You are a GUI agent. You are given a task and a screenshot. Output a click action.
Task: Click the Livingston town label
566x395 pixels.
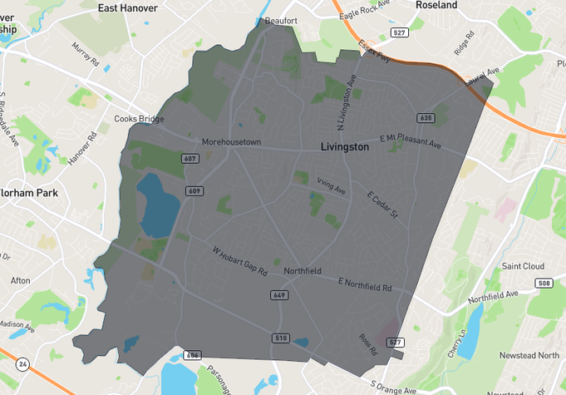(x=344, y=146)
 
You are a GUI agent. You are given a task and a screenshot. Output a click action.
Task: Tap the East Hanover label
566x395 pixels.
(x=129, y=7)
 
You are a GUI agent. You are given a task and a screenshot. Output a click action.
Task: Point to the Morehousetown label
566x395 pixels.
(x=231, y=141)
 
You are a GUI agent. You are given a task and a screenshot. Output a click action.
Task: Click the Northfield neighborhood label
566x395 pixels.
(x=302, y=272)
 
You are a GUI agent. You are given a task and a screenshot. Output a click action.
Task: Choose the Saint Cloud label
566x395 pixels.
(x=523, y=266)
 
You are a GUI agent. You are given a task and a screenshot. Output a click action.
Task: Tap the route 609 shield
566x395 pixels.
(x=194, y=191)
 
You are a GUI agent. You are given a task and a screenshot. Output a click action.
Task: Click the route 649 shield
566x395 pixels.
(x=278, y=295)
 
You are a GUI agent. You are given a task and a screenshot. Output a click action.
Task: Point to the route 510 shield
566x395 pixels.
(x=280, y=338)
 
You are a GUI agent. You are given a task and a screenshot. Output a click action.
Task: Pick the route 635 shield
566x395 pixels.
(x=426, y=118)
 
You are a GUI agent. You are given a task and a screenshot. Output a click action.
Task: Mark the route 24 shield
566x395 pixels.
(x=22, y=363)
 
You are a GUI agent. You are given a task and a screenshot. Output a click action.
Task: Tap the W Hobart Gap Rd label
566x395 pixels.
(x=239, y=259)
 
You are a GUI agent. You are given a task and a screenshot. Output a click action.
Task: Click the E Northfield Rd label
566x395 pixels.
(x=364, y=284)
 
